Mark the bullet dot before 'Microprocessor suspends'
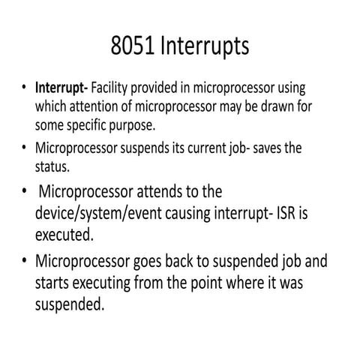coord(25,148)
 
